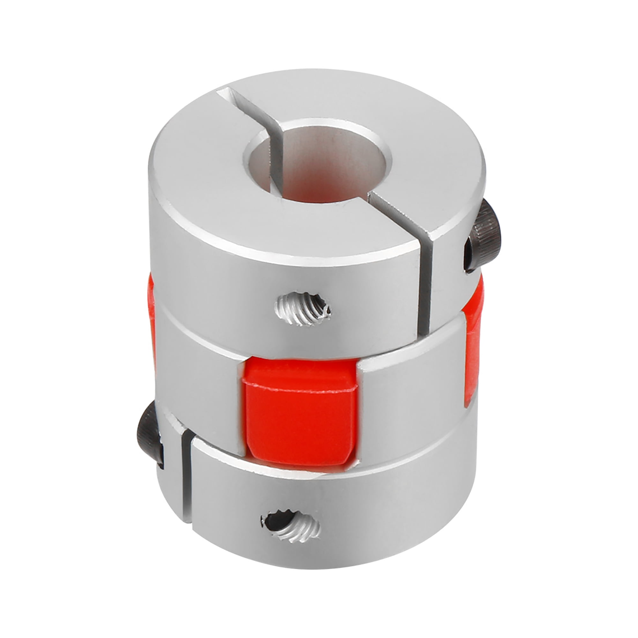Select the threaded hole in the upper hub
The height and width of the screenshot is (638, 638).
click(303, 309)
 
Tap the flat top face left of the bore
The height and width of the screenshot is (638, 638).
click(198, 178)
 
